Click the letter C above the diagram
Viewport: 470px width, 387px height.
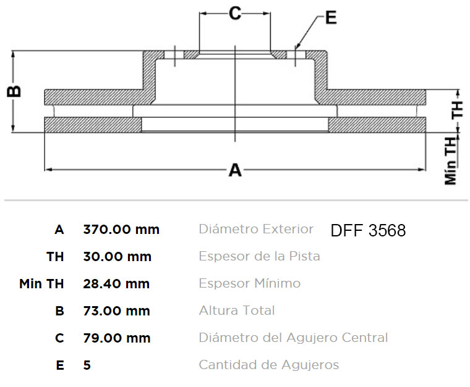[x=235, y=14]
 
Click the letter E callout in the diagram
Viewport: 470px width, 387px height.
[x=331, y=17]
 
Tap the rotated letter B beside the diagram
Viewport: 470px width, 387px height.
[x=14, y=91]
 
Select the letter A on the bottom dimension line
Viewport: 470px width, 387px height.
[x=235, y=170]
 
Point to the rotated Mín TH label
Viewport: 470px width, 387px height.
[x=451, y=161]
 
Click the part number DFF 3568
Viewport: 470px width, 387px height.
[x=368, y=230]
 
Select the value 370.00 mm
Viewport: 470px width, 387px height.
[x=121, y=230]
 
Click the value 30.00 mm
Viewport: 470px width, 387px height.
[x=117, y=257]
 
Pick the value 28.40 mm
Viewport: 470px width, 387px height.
[x=116, y=283]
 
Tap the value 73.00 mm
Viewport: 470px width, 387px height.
[x=117, y=310]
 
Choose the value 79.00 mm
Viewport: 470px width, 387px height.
[x=117, y=338]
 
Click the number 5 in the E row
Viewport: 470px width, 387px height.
[x=87, y=365]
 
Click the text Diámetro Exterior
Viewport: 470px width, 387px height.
[x=256, y=229]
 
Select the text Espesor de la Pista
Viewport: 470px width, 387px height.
[x=260, y=256]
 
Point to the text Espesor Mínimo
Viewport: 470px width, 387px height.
[x=250, y=283]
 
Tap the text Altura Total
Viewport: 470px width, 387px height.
[x=237, y=310]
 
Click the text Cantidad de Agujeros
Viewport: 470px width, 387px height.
[x=269, y=365]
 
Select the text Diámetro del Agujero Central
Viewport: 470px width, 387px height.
[x=294, y=338]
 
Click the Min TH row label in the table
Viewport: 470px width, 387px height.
[x=41, y=283]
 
